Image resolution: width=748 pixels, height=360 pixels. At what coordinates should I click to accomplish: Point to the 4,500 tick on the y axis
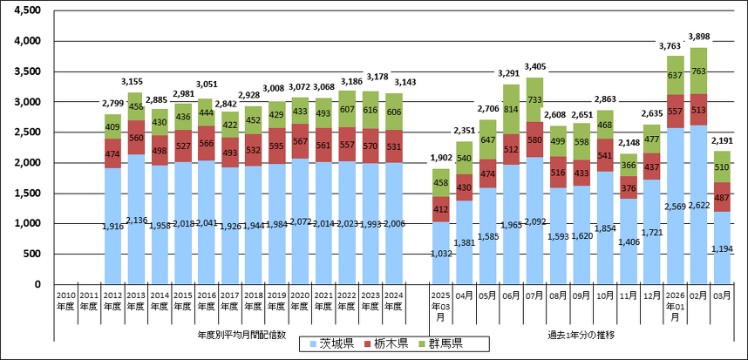(29, 10)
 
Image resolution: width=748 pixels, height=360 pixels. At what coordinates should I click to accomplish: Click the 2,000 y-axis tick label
(29, 163)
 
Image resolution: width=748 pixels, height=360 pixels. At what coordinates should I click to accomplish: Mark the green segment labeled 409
(112, 126)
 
